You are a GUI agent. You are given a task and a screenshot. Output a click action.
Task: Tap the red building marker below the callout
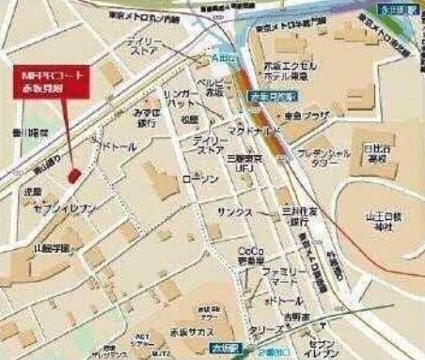[74, 175]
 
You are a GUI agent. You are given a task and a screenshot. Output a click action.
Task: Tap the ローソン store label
[199, 179]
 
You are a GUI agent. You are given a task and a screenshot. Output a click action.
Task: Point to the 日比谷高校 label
[384, 152]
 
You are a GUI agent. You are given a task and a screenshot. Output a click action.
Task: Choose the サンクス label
[233, 212]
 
